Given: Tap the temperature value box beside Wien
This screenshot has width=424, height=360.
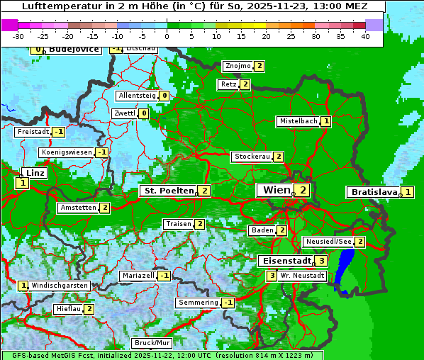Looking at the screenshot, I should coord(303,190).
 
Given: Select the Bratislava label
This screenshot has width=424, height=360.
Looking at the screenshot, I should coord(373,192).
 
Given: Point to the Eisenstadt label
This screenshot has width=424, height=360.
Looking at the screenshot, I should coord(284,261).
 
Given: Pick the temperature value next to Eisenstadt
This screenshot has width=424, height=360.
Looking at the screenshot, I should coord(321,261).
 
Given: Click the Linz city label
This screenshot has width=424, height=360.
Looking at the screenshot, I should coord(34,173).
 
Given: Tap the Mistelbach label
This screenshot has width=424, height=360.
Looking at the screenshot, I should coord(298,121).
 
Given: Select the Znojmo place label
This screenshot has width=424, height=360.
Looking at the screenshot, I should coord(238,66).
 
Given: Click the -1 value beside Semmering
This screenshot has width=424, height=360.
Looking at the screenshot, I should coord(228,303).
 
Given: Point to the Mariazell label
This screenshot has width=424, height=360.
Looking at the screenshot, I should coord(138,275).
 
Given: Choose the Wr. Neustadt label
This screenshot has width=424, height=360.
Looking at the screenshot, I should coord(302,275).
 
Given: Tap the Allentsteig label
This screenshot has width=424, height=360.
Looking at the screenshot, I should coord(137,96).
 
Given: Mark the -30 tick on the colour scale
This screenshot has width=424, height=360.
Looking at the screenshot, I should coord(18,35).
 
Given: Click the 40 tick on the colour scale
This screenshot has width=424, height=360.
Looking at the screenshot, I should coord(365,35).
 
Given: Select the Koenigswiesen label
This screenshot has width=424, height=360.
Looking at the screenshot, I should coord(67,152).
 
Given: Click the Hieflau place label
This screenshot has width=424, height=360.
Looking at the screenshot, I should coord(68,309).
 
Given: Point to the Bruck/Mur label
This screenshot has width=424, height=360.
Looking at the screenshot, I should coord(151,343).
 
